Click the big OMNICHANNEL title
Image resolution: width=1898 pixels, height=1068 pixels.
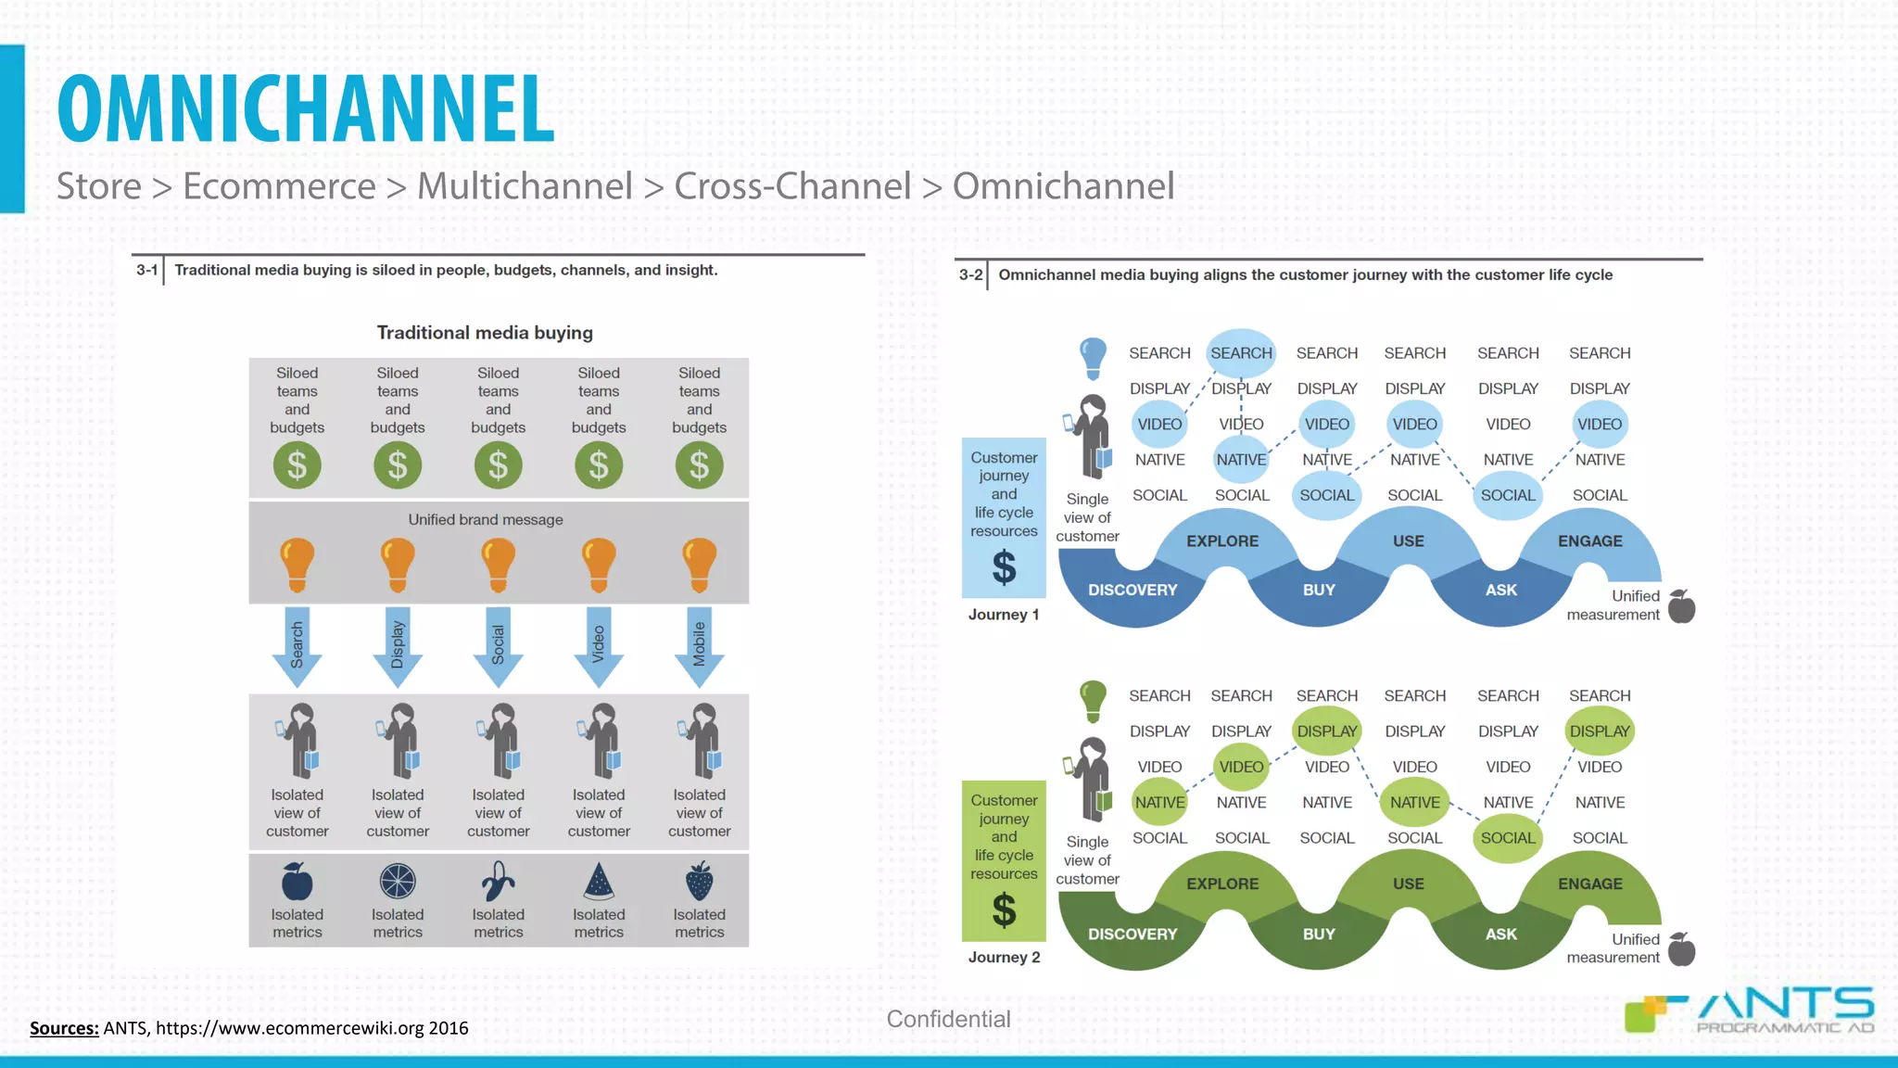(306, 108)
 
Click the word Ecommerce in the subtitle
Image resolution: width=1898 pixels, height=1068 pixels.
(279, 186)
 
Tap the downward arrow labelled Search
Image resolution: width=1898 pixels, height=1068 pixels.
(297, 647)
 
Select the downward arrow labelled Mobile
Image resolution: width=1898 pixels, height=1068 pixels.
(699, 647)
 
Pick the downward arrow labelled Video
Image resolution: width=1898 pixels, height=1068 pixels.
(599, 647)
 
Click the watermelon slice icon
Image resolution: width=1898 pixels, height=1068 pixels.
(599, 882)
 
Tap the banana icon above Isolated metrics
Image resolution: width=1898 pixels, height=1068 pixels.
(498, 882)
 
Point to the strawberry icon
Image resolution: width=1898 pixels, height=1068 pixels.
(699, 881)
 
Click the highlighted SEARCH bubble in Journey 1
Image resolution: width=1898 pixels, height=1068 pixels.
(1241, 353)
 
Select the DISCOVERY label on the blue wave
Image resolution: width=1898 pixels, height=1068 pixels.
(1132, 590)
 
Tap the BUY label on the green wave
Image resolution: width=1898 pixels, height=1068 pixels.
(1319, 934)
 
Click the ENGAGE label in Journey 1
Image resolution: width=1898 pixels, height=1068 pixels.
(1589, 541)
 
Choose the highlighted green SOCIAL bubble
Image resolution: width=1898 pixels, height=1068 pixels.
(1508, 838)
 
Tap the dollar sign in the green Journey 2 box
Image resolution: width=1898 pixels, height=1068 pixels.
(1004, 910)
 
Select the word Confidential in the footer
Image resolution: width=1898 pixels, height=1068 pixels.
(948, 1019)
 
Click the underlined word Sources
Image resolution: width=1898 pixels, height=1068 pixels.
(64, 1028)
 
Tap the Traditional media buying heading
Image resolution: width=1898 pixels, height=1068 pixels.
(485, 333)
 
